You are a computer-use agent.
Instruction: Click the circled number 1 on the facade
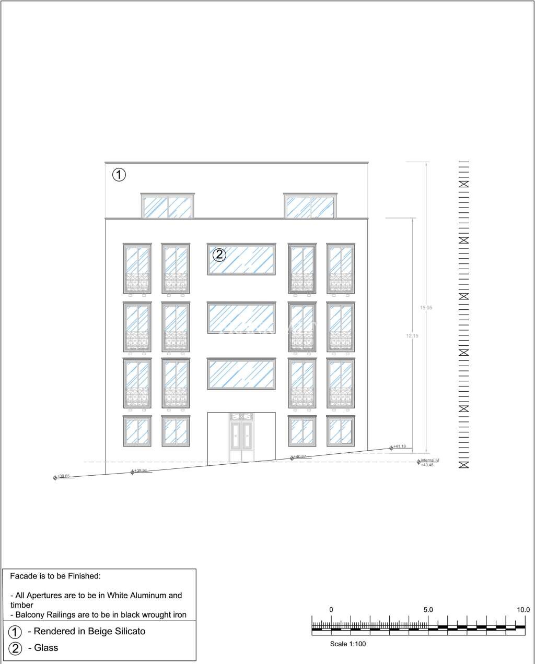click(119, 175)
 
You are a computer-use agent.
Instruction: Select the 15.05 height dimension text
click(426, 308)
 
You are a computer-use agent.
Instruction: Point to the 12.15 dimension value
click(412, 336)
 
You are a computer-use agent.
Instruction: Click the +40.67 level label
click(299, 457)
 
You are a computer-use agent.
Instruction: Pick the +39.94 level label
click(141, 470)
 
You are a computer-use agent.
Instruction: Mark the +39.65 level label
click(63, 476)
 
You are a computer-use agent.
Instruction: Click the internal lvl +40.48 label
click(429, 462)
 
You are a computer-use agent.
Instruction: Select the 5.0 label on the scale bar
click(428, 609)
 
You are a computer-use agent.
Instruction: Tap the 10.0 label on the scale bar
click(523, 609)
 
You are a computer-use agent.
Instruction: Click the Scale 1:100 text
click(348, 644)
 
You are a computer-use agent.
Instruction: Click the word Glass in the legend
click(46, 648)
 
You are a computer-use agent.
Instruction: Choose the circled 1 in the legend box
click(16, 632)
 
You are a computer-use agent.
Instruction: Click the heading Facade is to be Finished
click(55, 576)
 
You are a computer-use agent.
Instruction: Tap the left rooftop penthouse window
click(168, 207)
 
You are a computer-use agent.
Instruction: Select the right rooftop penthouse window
click(310, 207)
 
